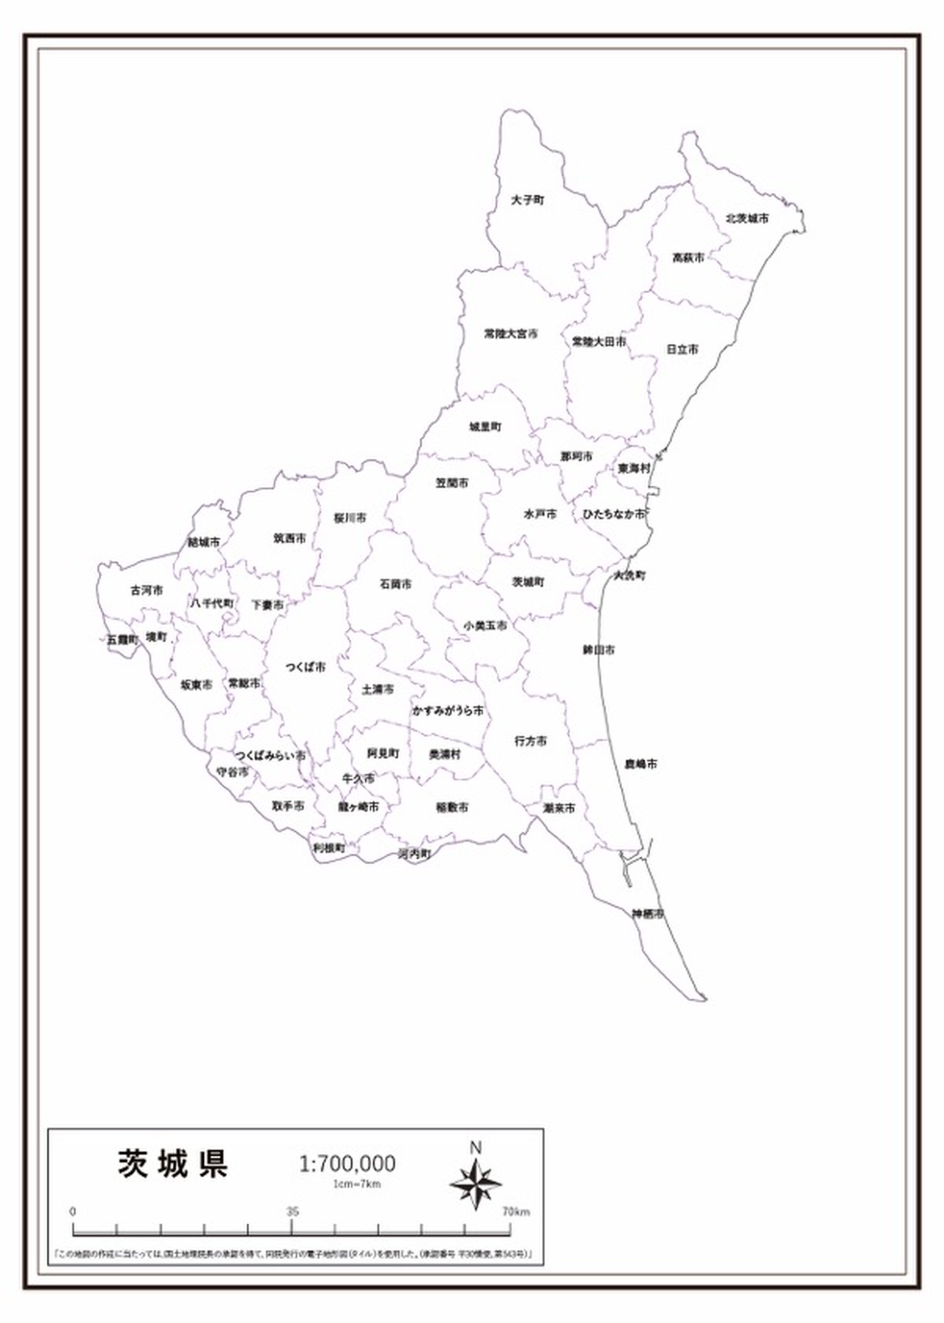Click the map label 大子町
pyautogui.click(x=527, y=201)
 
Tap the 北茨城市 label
pyautogui.click(x=747, y=219)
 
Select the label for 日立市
pyautogui.click(x=682, y=349)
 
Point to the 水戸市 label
pyautogui.click(x=540, y=514)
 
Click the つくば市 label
pyautogui.click(x=305, y=667)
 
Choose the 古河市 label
pyautogui.click(x=146, y=590)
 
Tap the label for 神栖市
pyautogui.click(x=647, y=914)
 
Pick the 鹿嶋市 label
pyautogui.click(x=641, y=764)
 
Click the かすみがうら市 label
pyautogui.click(x=448, y=711)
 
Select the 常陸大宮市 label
pyautogui.click(x=511, y=334)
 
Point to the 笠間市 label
pyautogui.click(x=452, y=483)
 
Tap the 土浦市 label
pyautogui.click(x=378, y=690)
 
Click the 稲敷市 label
pyautogui.click(x=452, y=807)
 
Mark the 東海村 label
pyautogui.click(x=634, y=468)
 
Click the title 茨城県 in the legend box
pyautogui.click(x=173, y=1163)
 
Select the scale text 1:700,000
pyautogui.click(x=347, y=1163)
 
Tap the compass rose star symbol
pyautogui.click(x=476, y=1183)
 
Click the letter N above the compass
pyautogui.click(x=475, y=1148)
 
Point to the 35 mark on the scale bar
pyautogui.click(x=293, y=1211)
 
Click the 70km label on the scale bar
pyautogui.click(x=516, y=1211)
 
